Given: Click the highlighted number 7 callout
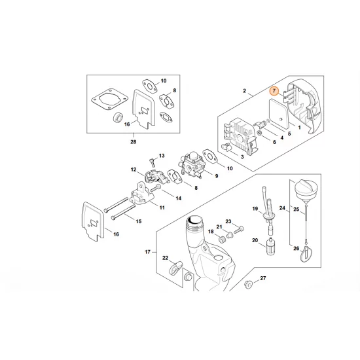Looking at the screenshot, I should coord(275,93).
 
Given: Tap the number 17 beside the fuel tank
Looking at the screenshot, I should coord(147,251).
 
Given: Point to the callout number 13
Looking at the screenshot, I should coord(162,156).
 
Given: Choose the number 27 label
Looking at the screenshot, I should coord(264,279).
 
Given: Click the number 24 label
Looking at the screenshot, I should coord(282,209).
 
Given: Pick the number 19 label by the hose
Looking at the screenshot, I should coord(256,208).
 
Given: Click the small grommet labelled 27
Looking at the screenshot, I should coord(249,285).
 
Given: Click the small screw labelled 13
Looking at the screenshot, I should coord(151,160).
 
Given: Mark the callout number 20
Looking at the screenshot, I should coord(256,240).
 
